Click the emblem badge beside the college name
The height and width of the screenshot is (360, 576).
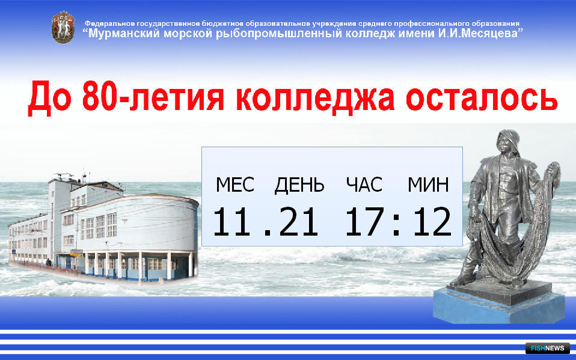pos(63,28)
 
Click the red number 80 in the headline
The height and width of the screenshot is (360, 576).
pos(100,96)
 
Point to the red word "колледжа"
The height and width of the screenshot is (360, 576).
pos(315,99)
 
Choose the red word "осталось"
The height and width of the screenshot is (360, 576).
pos(482,98)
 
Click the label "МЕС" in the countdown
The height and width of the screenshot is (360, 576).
pos(234,185)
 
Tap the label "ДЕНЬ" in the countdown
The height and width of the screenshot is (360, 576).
pos(299,185)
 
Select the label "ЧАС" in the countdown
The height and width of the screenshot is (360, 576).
pos(364,185)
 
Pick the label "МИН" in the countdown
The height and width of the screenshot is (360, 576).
pos(428,185)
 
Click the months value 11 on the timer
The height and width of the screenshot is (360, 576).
pos(233,222)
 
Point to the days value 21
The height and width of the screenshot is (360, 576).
pos(298,222)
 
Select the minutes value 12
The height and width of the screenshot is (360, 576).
pos(432,222)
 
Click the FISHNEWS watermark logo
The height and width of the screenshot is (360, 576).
pos(547,348)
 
